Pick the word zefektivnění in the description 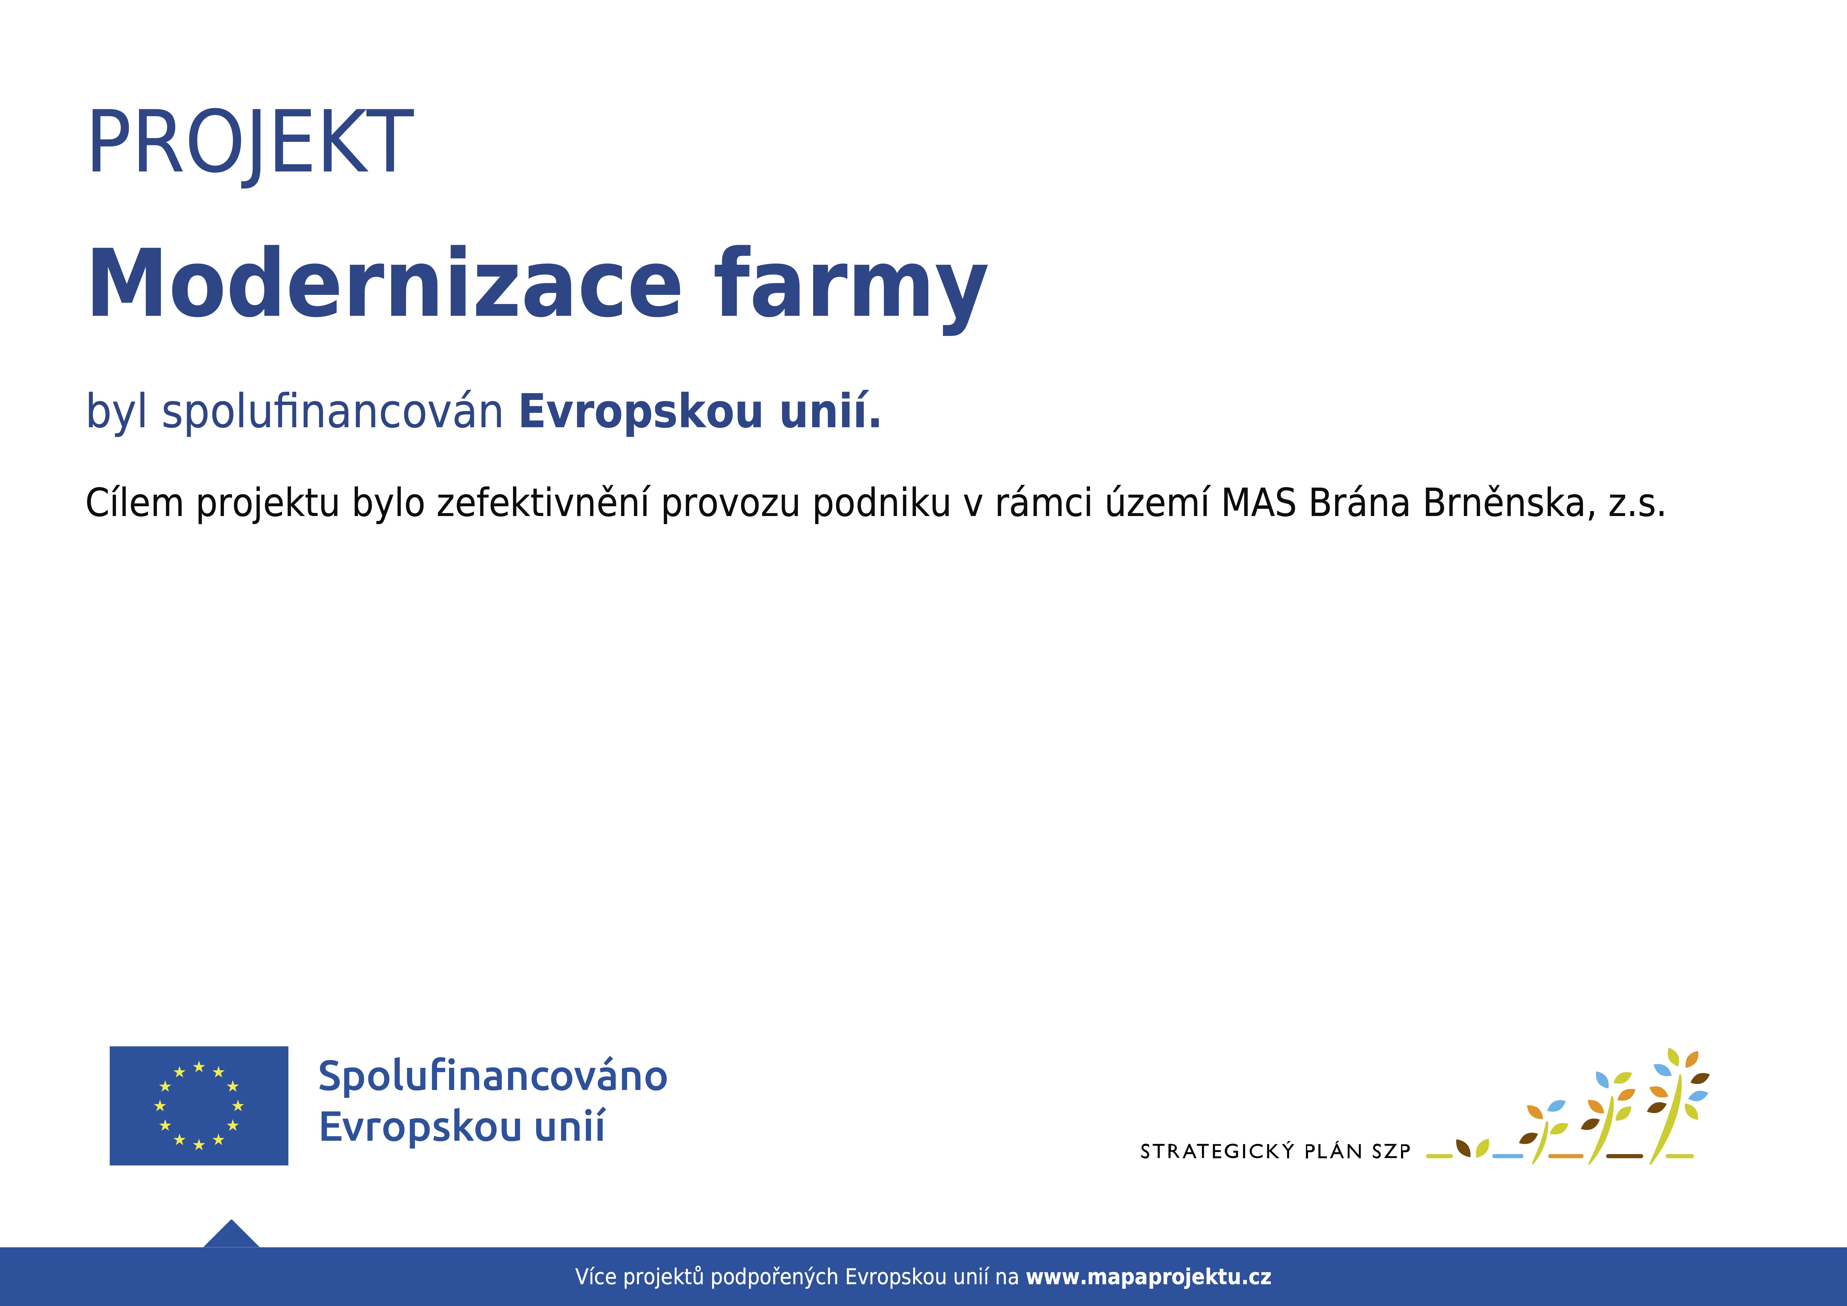(543, 503)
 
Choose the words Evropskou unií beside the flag (462, 1126)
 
